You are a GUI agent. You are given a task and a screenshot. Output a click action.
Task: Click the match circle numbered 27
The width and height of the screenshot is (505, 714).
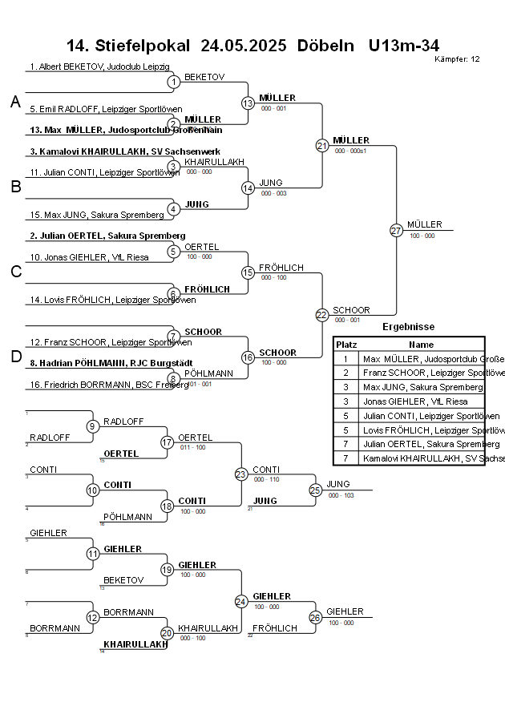(x=396, y=230)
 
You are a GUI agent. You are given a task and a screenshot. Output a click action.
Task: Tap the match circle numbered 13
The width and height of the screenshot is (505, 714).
(x=248, y=103)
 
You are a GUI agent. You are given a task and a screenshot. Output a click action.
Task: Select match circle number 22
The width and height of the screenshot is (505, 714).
(x=321, y=315)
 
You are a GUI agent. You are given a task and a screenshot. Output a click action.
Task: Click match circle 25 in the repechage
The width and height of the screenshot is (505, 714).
(x=315, y=490)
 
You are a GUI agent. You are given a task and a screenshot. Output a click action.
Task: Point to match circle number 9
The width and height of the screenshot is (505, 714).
(x=93, y=426)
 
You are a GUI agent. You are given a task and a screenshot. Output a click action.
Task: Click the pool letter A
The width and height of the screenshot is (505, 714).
(x=15, y=102)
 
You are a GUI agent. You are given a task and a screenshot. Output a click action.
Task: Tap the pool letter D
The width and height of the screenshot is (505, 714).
(x=15, y=357)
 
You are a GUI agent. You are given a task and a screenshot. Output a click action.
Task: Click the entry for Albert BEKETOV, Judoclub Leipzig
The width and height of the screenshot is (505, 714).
(x=99, y=67)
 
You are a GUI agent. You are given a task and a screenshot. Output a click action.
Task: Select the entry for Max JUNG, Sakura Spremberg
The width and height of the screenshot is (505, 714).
(x=89, y=215)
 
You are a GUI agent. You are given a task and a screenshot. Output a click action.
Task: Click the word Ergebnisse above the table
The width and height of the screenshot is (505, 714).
(x=408, y=327)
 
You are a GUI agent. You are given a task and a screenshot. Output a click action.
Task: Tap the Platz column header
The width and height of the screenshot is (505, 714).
(x=345, y=345)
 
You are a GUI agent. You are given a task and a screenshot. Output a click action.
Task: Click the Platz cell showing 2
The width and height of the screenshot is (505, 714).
(x=345, y=373)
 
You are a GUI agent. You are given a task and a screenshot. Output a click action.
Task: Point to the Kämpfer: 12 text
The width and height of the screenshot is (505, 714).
(x=457, y=58)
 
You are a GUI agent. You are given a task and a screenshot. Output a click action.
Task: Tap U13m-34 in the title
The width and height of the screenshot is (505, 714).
(x=404, y=45)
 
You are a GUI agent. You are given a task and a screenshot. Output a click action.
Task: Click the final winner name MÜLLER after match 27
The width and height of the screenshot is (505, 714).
(x=424, y=224)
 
